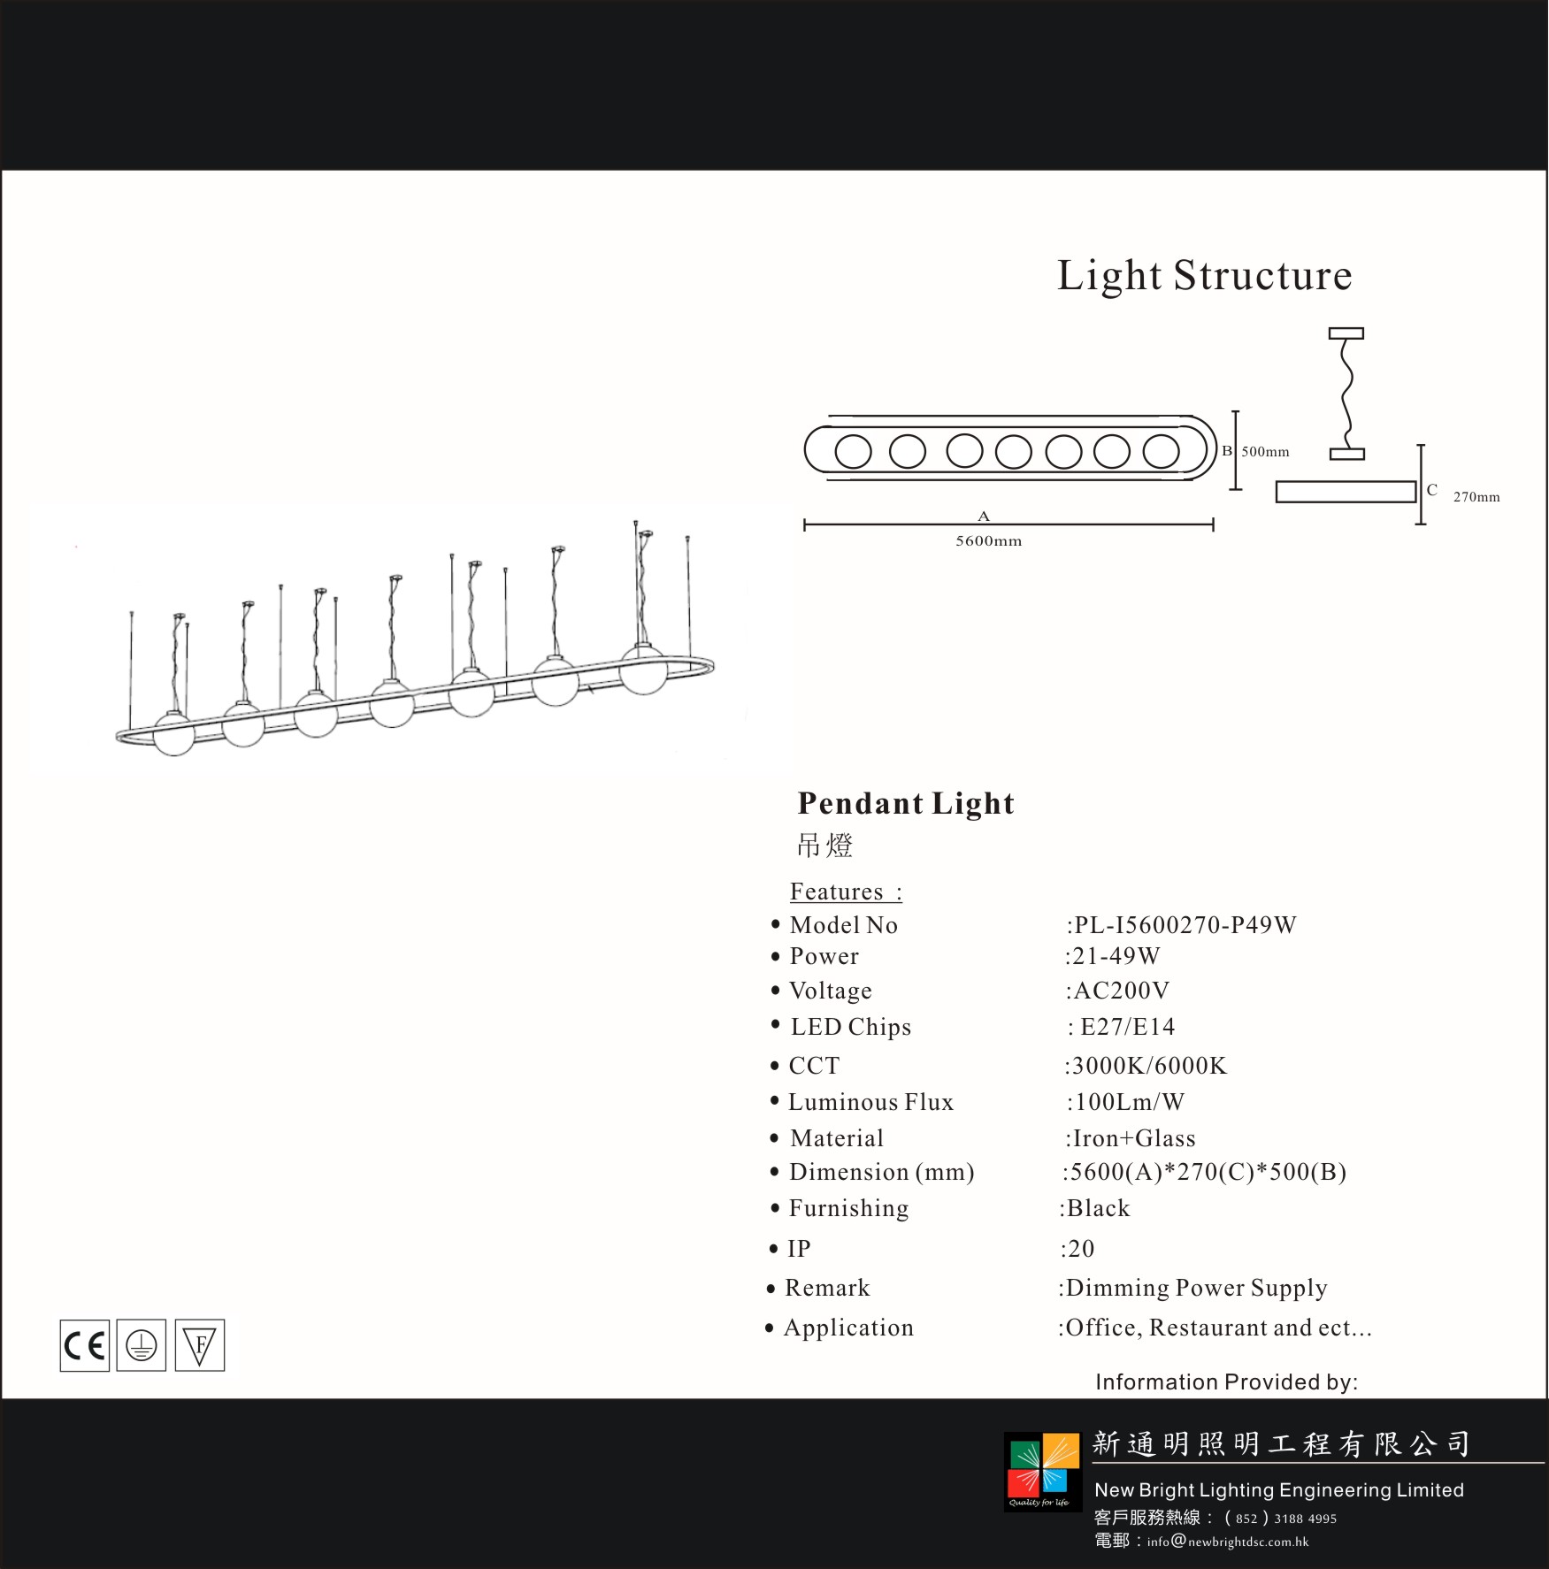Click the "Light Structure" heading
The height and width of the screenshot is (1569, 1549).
click(x=1205, y=275)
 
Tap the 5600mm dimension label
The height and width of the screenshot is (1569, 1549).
click(x=988, y=540)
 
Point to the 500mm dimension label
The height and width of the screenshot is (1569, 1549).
click(x=1265, y=451)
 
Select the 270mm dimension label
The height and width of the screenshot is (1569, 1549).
click(x=1476, y=497)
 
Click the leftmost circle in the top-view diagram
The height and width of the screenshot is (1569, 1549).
click(x=853, y=451)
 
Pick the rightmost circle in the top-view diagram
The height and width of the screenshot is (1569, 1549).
click(x=1161, y=451)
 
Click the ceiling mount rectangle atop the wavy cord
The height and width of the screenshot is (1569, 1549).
click(x=1346, y=333)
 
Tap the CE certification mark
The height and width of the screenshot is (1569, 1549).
click(x=85, y=1345)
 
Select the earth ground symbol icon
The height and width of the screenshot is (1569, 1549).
click(x=142, y=1345)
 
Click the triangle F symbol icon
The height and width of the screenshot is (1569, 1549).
click(x=200, y=1345)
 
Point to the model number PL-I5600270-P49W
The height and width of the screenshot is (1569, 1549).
click(x=1185, y=925)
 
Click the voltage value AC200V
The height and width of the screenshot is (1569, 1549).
click(x=1121, y=991)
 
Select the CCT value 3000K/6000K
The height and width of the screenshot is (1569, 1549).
click(x=1149, y=1066)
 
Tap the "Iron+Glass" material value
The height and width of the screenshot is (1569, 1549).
click(x=1134, y=1138)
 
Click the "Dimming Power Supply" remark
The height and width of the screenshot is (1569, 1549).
click(x=1196, y=1289)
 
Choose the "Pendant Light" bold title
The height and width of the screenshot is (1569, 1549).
click(x=906, y=803)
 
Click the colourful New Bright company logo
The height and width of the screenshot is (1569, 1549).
click(x=1043, y=1472)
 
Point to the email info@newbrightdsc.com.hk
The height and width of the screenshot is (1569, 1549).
click(x=1228, y=1542)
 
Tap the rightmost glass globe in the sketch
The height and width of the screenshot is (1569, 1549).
click(x=643, y=670)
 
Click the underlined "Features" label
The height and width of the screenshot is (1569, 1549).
click(x=837, y=892)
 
